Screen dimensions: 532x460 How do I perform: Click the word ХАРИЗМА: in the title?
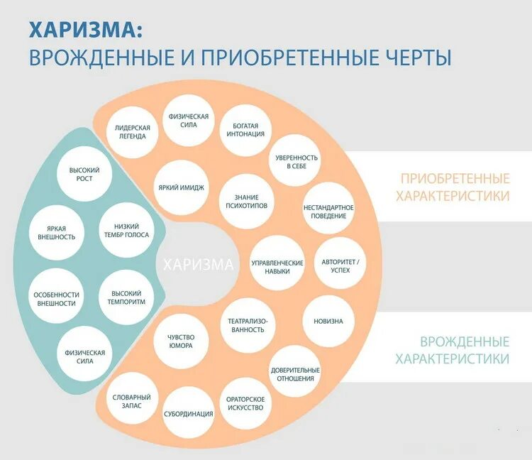pyautogui.click(x=85, y=29)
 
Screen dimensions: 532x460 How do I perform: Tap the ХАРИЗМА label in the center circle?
pyautogui.click(x=198, y=265)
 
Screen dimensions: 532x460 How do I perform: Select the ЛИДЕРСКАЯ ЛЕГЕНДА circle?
pyautogui.click(x=131, y=131)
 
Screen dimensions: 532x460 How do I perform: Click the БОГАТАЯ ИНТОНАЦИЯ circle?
pyautogui.click(x=245, y=130)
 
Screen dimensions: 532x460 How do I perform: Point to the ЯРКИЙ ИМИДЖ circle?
pyautogui.click(x=182, y=187)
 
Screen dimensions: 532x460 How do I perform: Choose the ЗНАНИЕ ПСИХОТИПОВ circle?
pyautogui.click(x=245, y=202)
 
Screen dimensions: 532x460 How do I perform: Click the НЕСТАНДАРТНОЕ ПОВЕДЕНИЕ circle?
pyautogui.click(x=328, y=211)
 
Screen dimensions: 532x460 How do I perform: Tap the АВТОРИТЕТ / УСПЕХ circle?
pyautogui.click(x=340, y=265)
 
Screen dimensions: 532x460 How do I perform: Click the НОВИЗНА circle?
pyautogui.click(x=328, y=321)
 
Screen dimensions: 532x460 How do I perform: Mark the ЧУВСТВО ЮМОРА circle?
pyautogui.click(x=181, y=341)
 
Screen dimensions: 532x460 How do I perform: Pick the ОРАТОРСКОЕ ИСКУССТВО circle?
pyautogui.click(x=245, y=402)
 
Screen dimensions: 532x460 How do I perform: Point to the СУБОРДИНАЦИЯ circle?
pyautogui.click(x=188, y=412)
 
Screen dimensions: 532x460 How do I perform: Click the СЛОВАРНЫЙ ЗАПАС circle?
pyautogui.click(x=132, y=400)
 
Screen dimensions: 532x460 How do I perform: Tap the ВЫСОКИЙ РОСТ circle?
pyautogui.click(x=84, y=174)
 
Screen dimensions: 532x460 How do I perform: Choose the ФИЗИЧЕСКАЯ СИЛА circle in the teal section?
pyautogui.click(x=84, y=356)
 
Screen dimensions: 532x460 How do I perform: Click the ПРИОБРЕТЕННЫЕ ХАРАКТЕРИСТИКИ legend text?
pyautogui.click(x=455, y=187)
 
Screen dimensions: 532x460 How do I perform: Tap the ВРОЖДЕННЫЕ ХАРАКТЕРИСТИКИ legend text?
pyautogui.click(x=452, y=350)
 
